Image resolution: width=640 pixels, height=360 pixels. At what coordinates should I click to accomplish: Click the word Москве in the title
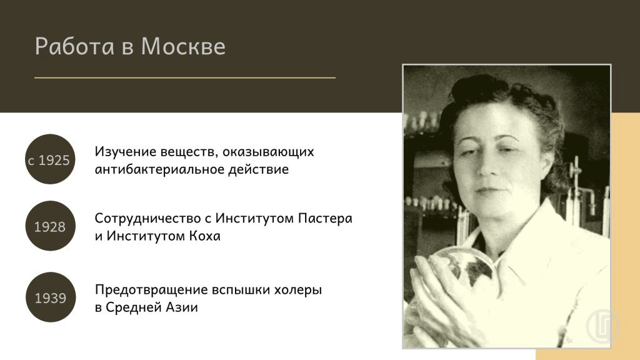(183, 46)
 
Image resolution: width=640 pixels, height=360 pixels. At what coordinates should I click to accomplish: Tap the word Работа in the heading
(75, 46)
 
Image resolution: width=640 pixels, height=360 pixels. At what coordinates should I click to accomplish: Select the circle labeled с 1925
(50, 159)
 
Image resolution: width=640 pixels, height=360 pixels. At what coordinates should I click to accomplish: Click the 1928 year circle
(50, 226)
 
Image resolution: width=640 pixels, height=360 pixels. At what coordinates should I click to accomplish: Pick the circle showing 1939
(51, 297)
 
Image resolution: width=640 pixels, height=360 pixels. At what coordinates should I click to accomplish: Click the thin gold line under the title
(185, 77)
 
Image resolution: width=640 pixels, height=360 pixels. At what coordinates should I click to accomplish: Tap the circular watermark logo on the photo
(602, 326)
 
